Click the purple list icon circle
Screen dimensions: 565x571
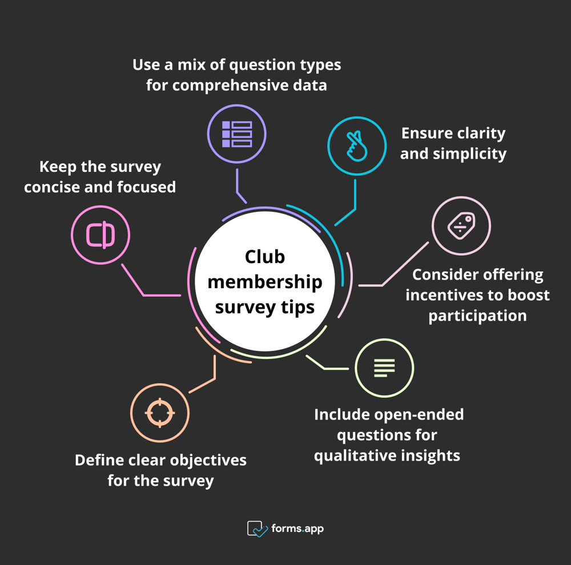point(236,134)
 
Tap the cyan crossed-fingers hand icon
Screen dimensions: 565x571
point(357,146)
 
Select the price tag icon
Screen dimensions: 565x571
point(461,226)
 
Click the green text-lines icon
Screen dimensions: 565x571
point(384,368)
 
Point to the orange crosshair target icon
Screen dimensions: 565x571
point(160,413)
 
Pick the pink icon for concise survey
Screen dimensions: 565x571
point(100,235)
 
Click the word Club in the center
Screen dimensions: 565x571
point(265,257)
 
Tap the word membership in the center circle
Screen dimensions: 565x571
point(265,282)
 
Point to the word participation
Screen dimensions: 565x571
point(477,316)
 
